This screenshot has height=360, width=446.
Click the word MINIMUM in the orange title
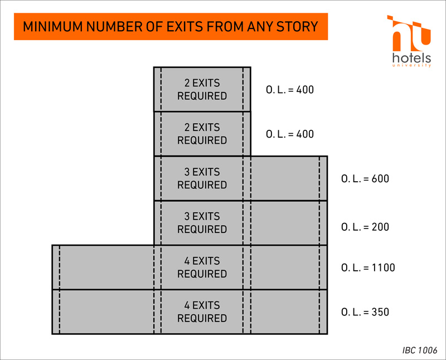tap(52, 27)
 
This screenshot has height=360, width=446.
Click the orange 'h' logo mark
tap(409, 33)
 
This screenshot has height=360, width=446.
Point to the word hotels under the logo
tap(411, 58)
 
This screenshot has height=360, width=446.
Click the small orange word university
tap(411, 66)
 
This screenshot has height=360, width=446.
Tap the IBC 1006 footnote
tap(420, 350)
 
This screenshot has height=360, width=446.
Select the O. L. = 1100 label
tap(368, 267)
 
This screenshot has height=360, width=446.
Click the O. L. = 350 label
tap(365, 312)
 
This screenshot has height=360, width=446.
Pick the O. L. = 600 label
tap(365, 178)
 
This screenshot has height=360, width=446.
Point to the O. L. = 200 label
tap(365, 227)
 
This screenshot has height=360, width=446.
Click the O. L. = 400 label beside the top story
tap(290, 90)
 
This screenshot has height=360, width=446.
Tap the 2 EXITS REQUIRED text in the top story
tap(202, 89)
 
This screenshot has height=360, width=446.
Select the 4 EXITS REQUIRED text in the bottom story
tap(202, 312)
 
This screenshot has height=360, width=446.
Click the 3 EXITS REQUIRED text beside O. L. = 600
tap(202, 178)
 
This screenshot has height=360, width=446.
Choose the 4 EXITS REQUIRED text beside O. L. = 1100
tap(202, 267)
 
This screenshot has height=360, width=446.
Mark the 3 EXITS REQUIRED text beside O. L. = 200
tap(202, 223)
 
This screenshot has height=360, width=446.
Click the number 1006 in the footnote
tap(428, 350)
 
